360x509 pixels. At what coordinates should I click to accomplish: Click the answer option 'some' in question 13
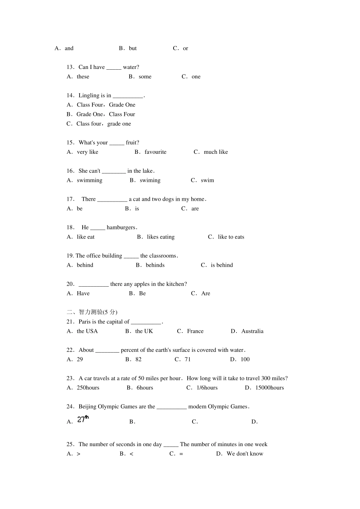(145, 77)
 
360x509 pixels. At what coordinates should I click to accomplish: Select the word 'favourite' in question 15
(155, 152)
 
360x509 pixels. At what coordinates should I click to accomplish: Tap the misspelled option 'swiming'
(150, 180)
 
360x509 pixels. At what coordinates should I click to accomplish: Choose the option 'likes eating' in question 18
(161, 237)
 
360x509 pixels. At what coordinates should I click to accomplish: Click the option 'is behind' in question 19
(222, 265)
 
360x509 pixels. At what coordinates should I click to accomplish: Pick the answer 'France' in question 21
(195, 331)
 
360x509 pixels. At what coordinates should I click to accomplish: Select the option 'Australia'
(252, 331)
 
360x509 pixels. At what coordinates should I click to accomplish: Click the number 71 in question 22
(188, 359)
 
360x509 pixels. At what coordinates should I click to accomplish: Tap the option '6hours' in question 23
(145, 388)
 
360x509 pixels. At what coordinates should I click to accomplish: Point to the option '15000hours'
(269, 388)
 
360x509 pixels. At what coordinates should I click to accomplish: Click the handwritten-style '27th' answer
(83, 419)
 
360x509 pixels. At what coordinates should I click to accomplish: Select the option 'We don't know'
(245, 454)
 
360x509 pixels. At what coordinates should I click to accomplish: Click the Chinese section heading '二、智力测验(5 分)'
(92, 312)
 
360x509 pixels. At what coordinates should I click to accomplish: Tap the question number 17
(70, 199)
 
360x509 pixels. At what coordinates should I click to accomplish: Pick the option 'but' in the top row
(133, 48)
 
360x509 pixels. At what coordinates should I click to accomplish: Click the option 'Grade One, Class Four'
(105, 114)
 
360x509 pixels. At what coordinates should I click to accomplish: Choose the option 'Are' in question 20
(206, 294)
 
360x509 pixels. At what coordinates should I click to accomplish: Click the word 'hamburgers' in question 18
(121, 228)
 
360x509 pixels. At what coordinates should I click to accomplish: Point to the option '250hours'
(88, 388)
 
